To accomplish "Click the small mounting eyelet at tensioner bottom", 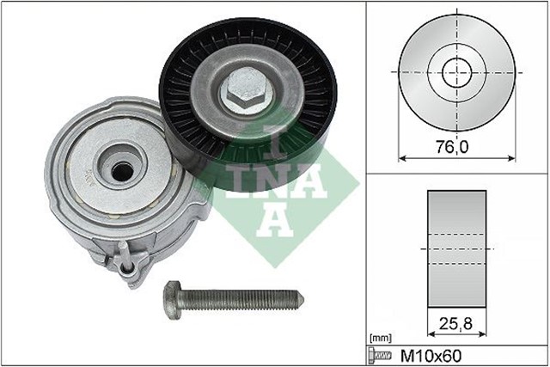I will click(130, 273).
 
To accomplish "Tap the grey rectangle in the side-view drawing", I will click(456, 248).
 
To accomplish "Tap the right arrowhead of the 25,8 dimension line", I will click(483, 335).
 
